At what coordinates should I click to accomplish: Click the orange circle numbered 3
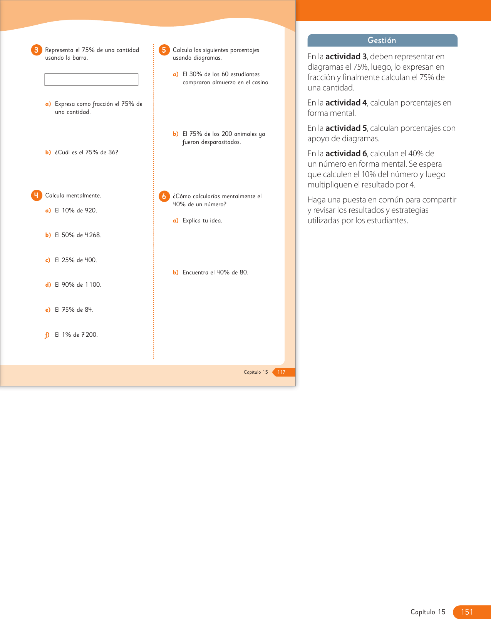pos(37,50)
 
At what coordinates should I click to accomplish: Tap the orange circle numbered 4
pos(37,196)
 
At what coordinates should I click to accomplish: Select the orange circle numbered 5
pos(164,50)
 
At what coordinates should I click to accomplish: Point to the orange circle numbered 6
pos(164,196)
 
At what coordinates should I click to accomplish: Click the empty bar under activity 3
pos(91,80)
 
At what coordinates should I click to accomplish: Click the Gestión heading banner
pos(382,40)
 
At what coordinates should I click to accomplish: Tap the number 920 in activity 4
pos(90,211)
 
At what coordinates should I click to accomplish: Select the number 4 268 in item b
pos(92,235)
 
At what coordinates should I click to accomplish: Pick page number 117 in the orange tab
pos(282,372)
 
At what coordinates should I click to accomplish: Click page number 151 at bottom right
pos(467,612)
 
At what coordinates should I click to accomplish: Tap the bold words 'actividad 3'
pos(346,57)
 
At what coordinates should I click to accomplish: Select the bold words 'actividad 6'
pos(346,154)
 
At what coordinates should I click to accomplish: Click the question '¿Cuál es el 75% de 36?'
pos(86,152)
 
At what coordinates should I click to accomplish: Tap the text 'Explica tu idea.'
pos(202,221)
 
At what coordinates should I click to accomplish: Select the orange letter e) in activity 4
pos(48,310)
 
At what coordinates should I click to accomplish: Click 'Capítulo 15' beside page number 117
pos(256,372)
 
